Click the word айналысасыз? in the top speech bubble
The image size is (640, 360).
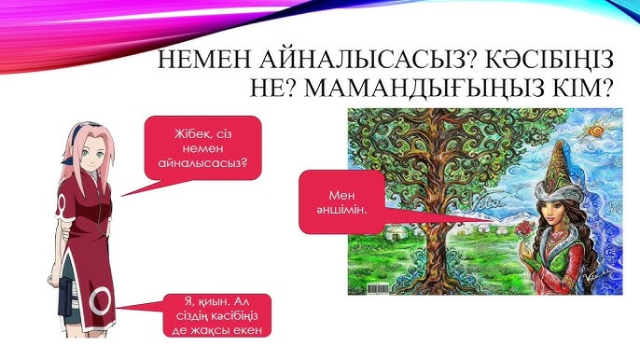(x=202, y=169)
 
